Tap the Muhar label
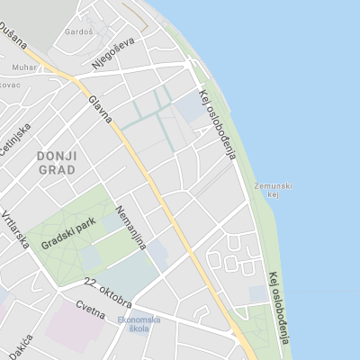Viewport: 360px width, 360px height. coord(24,66)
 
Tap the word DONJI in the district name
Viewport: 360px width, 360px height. coord(58,156)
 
